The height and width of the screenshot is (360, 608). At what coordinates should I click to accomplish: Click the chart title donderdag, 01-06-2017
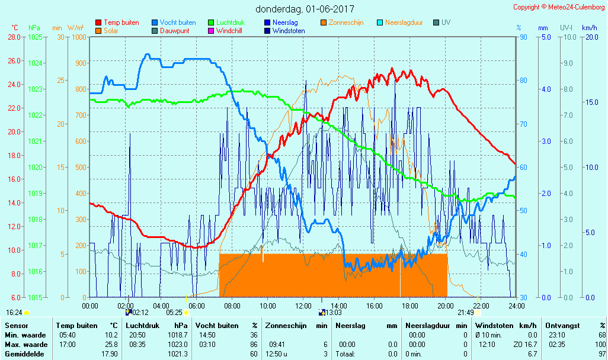click(305, 9)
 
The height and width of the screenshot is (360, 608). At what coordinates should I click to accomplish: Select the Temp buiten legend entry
click(121, 22)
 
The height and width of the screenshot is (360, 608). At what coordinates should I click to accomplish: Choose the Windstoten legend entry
click(289, 31)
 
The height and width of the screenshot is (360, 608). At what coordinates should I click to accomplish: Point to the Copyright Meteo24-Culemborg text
click(559, 7)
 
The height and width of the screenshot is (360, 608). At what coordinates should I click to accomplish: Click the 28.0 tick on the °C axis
click(14, 37)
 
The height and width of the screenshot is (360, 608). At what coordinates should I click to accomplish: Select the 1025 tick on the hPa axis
click(35, 37)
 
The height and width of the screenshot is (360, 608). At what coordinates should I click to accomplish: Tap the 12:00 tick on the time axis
click(303, 306)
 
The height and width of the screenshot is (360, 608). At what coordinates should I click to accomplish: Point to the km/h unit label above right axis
click(589, 28)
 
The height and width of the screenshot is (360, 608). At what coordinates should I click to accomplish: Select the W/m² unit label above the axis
click(75, 28)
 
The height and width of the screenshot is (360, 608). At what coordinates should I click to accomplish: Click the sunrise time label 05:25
click(174, 313)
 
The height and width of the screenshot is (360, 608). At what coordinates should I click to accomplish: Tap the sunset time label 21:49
click(465, 313)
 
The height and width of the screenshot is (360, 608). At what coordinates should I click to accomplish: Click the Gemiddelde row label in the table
click(24, 354)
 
